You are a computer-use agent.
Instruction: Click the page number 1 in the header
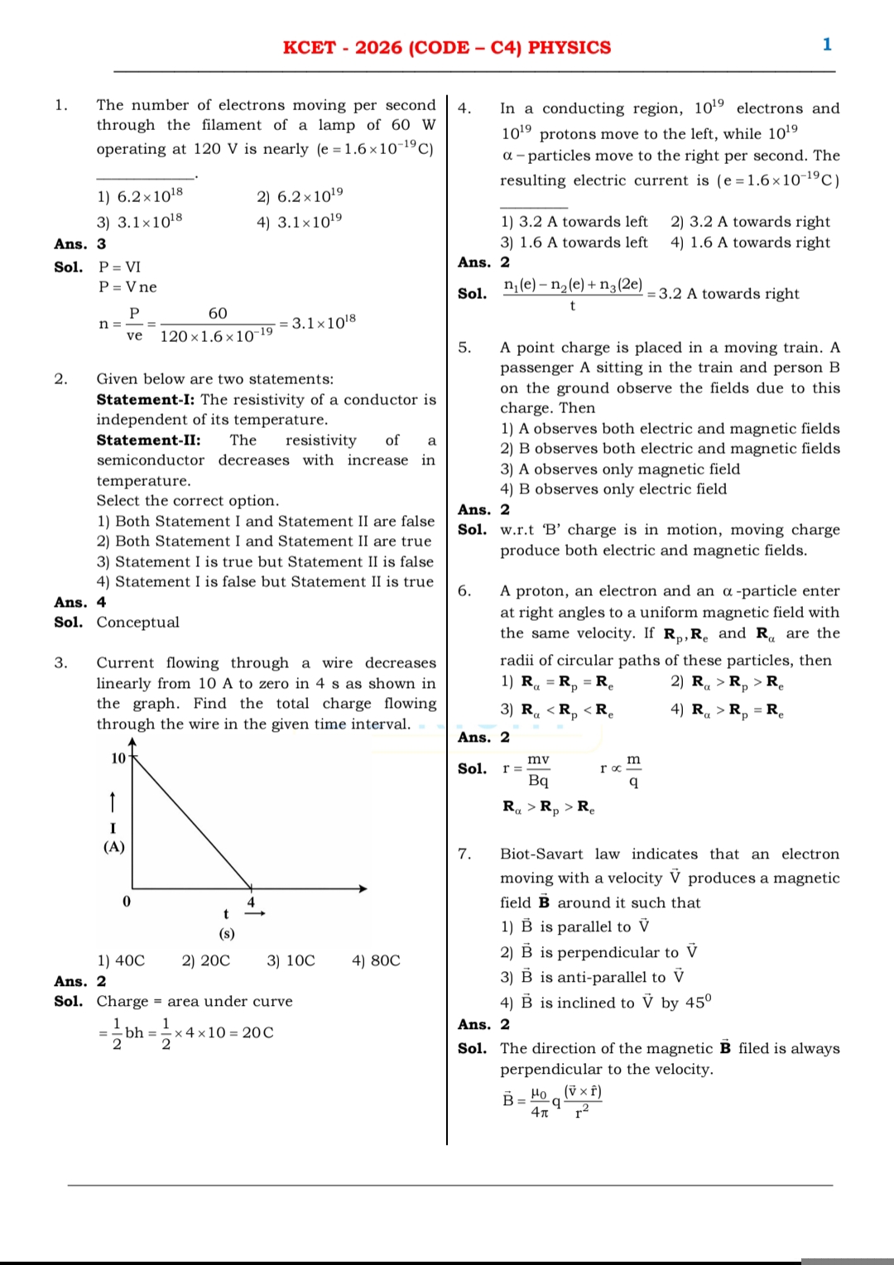(826, 45)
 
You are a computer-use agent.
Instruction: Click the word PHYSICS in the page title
(570, 48)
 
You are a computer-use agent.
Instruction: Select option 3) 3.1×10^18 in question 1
(140, 222)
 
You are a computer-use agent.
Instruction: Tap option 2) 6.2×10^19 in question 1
(300, 196)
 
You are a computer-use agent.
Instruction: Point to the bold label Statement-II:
(148, 440)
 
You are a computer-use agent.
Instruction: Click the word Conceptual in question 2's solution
(137, 623)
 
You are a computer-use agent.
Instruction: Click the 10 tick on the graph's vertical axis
(118, 758)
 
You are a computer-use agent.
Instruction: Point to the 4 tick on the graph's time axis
(251, 902)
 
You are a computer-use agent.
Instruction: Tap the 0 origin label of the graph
(126, 902)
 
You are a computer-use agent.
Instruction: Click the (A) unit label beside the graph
(113, 847)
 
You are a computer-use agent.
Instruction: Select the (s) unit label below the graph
(226, 934)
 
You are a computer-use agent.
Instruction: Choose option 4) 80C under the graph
(376, 960)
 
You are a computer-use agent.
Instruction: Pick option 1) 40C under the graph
(121, 960)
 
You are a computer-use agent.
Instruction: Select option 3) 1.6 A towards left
(574, 243)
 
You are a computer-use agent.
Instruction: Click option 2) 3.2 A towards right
(750, 222)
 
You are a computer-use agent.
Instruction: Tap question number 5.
(464, 348)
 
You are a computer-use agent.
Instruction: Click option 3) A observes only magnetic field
(620, 469)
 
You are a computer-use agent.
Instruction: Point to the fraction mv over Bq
(538, 770)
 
